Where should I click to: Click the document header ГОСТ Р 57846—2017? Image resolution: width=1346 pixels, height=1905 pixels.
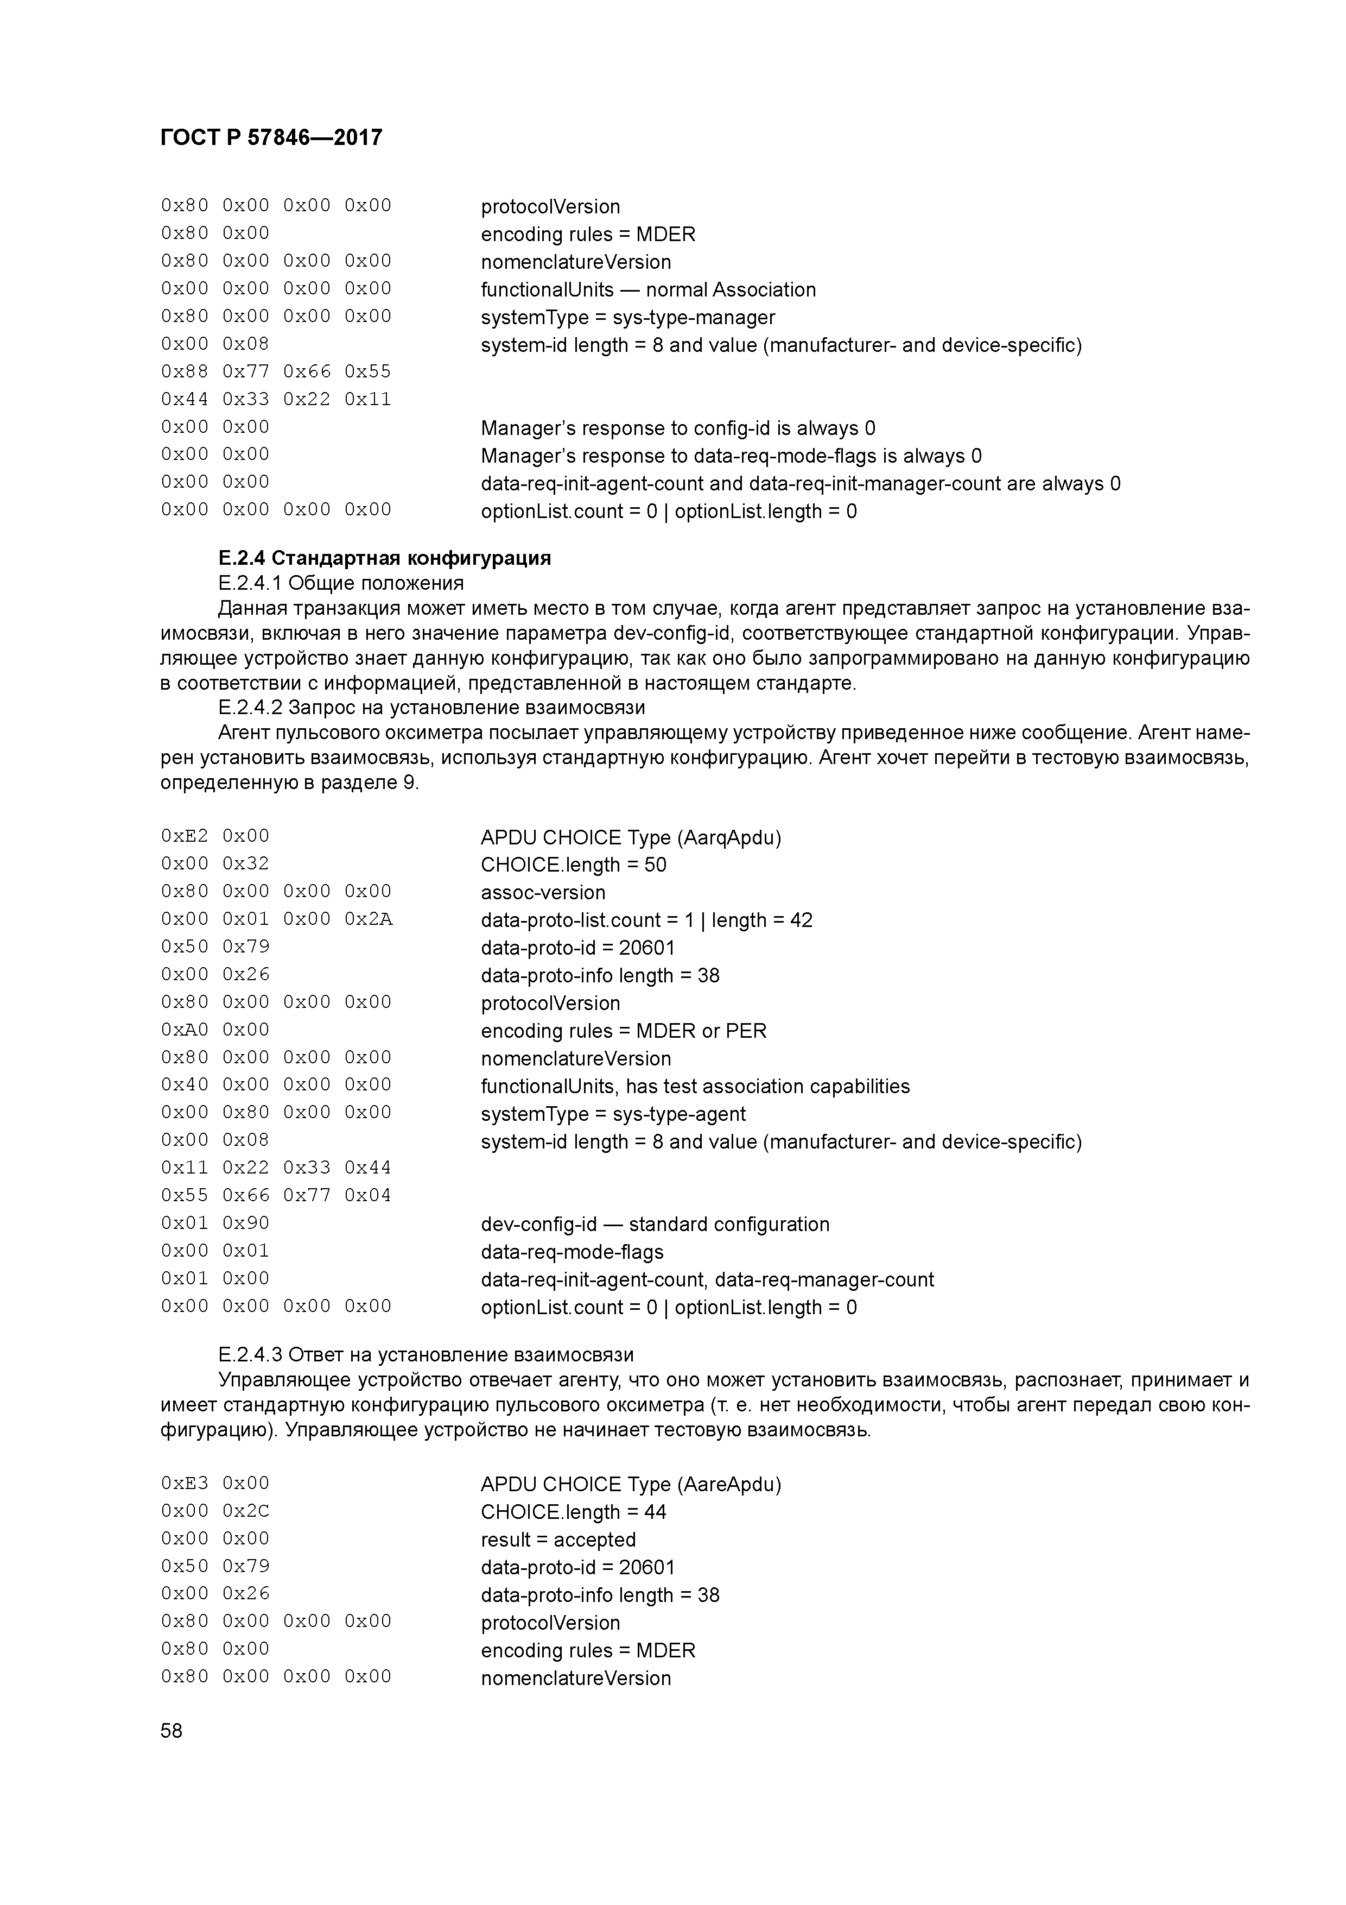tap(271, 138)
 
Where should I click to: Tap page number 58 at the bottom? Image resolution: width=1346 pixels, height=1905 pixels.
tap(172, 1731)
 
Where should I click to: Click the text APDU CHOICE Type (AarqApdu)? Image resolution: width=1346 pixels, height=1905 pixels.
tap(630, 837)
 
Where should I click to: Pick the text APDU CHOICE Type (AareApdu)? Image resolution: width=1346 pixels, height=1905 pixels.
tap(630, 1484)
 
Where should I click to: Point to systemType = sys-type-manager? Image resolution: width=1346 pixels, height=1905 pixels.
tap(628, 317)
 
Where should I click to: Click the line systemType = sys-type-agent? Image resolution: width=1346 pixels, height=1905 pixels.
tap(613, 1113)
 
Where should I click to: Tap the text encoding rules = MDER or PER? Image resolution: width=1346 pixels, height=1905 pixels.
tap(624, 1031)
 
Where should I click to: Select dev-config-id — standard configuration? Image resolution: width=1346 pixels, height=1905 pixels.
tap(655, 1225)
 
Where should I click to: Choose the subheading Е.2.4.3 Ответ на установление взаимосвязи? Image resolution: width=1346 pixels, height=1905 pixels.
tap(426, 1354)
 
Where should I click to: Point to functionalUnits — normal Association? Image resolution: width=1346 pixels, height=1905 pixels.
tap(647, 289)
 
